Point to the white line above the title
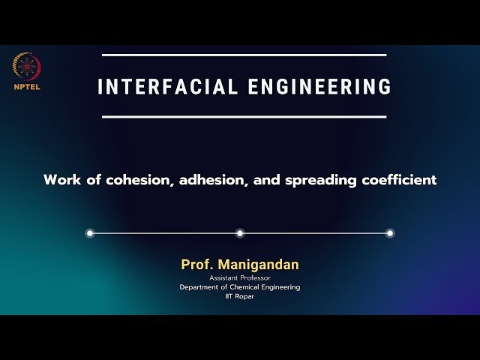[244, 55]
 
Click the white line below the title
[244, 117]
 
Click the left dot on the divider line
[90, 233]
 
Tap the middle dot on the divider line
[240, 233]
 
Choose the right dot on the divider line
[390, 233]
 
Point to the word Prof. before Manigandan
[195, 265]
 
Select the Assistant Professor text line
[240, 277]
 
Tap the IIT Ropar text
[240, 297]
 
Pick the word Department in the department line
[201, 287]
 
